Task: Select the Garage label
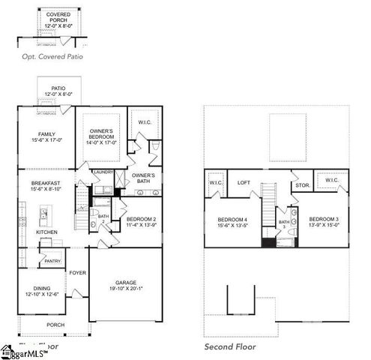[125, 283]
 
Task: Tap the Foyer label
[78, 273]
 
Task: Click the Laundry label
[103, 172]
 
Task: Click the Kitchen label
[46, 232]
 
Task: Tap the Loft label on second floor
[244, 182]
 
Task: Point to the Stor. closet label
[301, 184]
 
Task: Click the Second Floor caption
[230, 347]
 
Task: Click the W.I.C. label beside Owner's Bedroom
[144, 122]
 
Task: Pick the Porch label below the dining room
[55, 325]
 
